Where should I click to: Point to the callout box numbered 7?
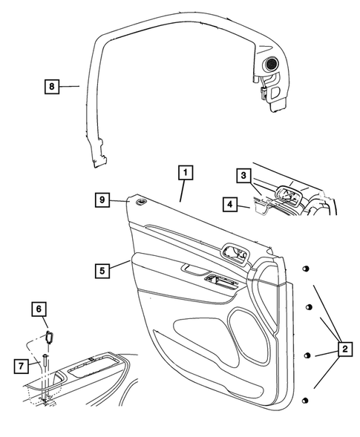click(22, 366)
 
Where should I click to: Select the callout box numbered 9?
click(105, 199)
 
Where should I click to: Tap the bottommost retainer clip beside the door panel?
click(305, 401)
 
